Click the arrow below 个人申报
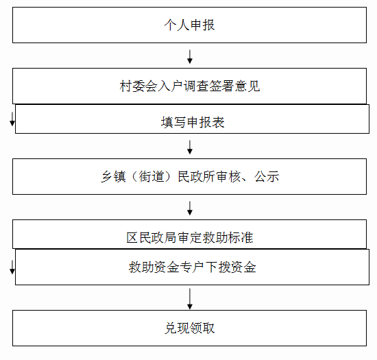coord(190,57)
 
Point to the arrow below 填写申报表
coord(190,147)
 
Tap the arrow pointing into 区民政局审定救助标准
coord(190,208)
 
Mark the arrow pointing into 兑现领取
coord(190,299)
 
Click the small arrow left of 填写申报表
coord(12,119)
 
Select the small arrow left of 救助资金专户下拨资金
coord(12,267)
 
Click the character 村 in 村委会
coord(125,86)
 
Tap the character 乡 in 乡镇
coord(107,176)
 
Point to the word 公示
coord(267,176)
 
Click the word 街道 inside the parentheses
coord(151,176)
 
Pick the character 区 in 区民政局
coord(132,237)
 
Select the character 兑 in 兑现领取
coord(171,328)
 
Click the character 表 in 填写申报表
coord(218,122)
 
